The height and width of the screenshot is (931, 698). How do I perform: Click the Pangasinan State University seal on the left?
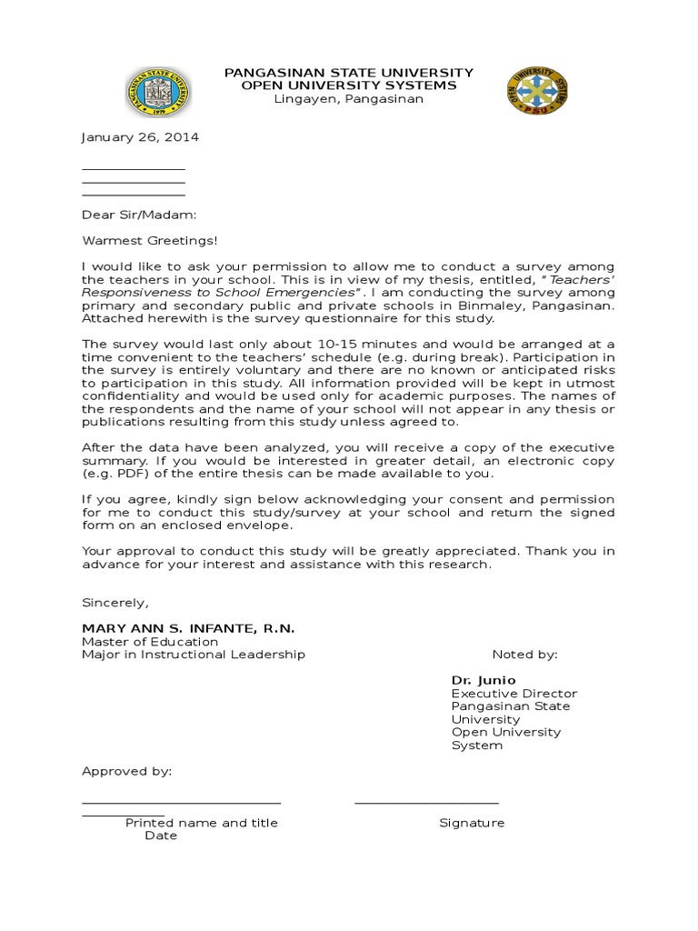[158, 93]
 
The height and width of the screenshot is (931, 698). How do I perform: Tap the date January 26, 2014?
[140, 137]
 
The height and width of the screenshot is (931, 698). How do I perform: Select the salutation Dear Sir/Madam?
[138, 215]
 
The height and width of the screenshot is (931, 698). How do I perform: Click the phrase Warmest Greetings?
[150, 241]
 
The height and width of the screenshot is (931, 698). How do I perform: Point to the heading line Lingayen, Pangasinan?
[349, 99]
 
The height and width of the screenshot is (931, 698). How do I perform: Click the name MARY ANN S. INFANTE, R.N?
[188, 628]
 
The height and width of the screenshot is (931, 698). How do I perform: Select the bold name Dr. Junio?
[484, 680]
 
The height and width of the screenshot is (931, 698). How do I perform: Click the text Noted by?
[524, 655]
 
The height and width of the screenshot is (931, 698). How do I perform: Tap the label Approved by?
[126, 771]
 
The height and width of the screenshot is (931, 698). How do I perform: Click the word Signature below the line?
[472, 823]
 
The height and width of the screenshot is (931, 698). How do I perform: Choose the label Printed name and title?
[202, 823]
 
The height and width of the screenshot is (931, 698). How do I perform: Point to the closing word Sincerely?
[115, 602]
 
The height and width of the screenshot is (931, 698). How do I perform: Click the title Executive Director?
[514, 694]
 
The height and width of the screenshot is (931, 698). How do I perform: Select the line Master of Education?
[150, 642]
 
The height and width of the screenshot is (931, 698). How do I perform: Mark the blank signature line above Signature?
[426, 803]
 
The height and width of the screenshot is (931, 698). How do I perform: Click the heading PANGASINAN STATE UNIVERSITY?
[349, 72]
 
